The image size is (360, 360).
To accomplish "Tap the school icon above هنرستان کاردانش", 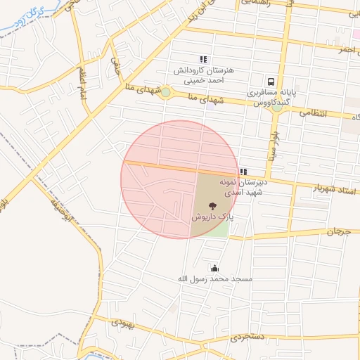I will coord(203,59).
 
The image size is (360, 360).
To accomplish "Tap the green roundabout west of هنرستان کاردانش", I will coord(166,92).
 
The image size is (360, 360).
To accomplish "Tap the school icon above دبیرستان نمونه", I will coord(243,172).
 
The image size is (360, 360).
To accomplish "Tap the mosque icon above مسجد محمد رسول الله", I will coord(214,268).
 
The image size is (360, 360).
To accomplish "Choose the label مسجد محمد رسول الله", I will coord(214,279).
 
